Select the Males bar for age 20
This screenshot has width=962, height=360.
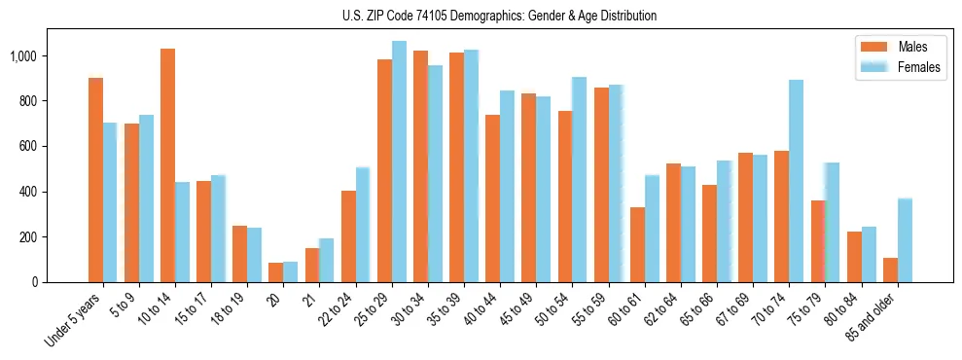(275, 272)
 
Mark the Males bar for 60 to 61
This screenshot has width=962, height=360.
(637, 244)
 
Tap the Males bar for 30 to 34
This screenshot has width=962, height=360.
(420, 166)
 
